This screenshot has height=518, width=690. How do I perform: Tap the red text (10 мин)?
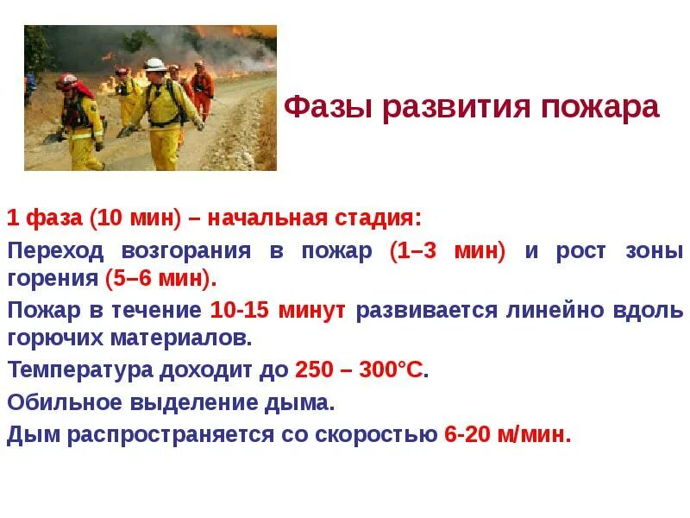(x=135, y=218)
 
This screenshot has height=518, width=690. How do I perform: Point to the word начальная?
(x=267, y=218)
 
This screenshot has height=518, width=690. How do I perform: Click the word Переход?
(x=56, y=251)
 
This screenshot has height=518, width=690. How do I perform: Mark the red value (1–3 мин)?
(x=448, y=251)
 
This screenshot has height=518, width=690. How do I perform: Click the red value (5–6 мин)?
(x=160, y=279)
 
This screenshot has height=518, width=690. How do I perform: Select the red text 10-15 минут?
(x=278, y=310)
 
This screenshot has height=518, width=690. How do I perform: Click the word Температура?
(x=82, y=371)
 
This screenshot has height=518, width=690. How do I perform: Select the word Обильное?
(x=64, y=402)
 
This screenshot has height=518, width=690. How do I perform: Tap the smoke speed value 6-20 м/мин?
(x=507, y=434)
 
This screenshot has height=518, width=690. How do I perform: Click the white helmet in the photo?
(x=155, y=64)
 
